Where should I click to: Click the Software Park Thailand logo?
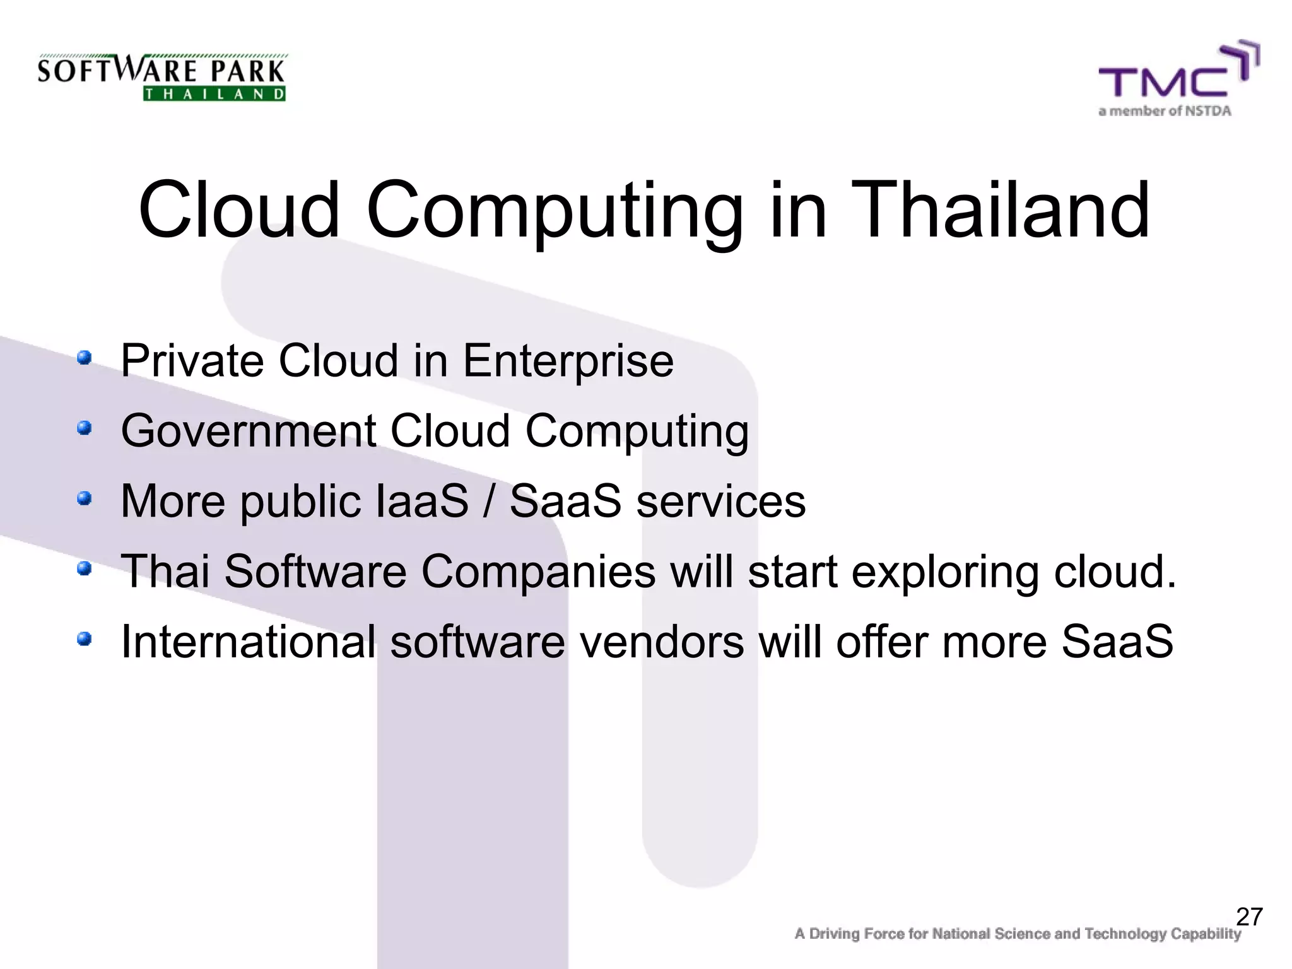[162, 77]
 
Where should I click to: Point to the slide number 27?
[1249, 917]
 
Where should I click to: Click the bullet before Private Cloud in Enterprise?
[84, 358]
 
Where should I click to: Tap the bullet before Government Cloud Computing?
[84, 429]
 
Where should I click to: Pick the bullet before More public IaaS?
[84, 499]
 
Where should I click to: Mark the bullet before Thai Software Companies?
[84, 570]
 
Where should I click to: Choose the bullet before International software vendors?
[84, 640]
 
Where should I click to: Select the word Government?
[249, 432]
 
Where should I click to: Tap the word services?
[720, 502]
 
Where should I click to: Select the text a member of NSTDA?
[1165, 112]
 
